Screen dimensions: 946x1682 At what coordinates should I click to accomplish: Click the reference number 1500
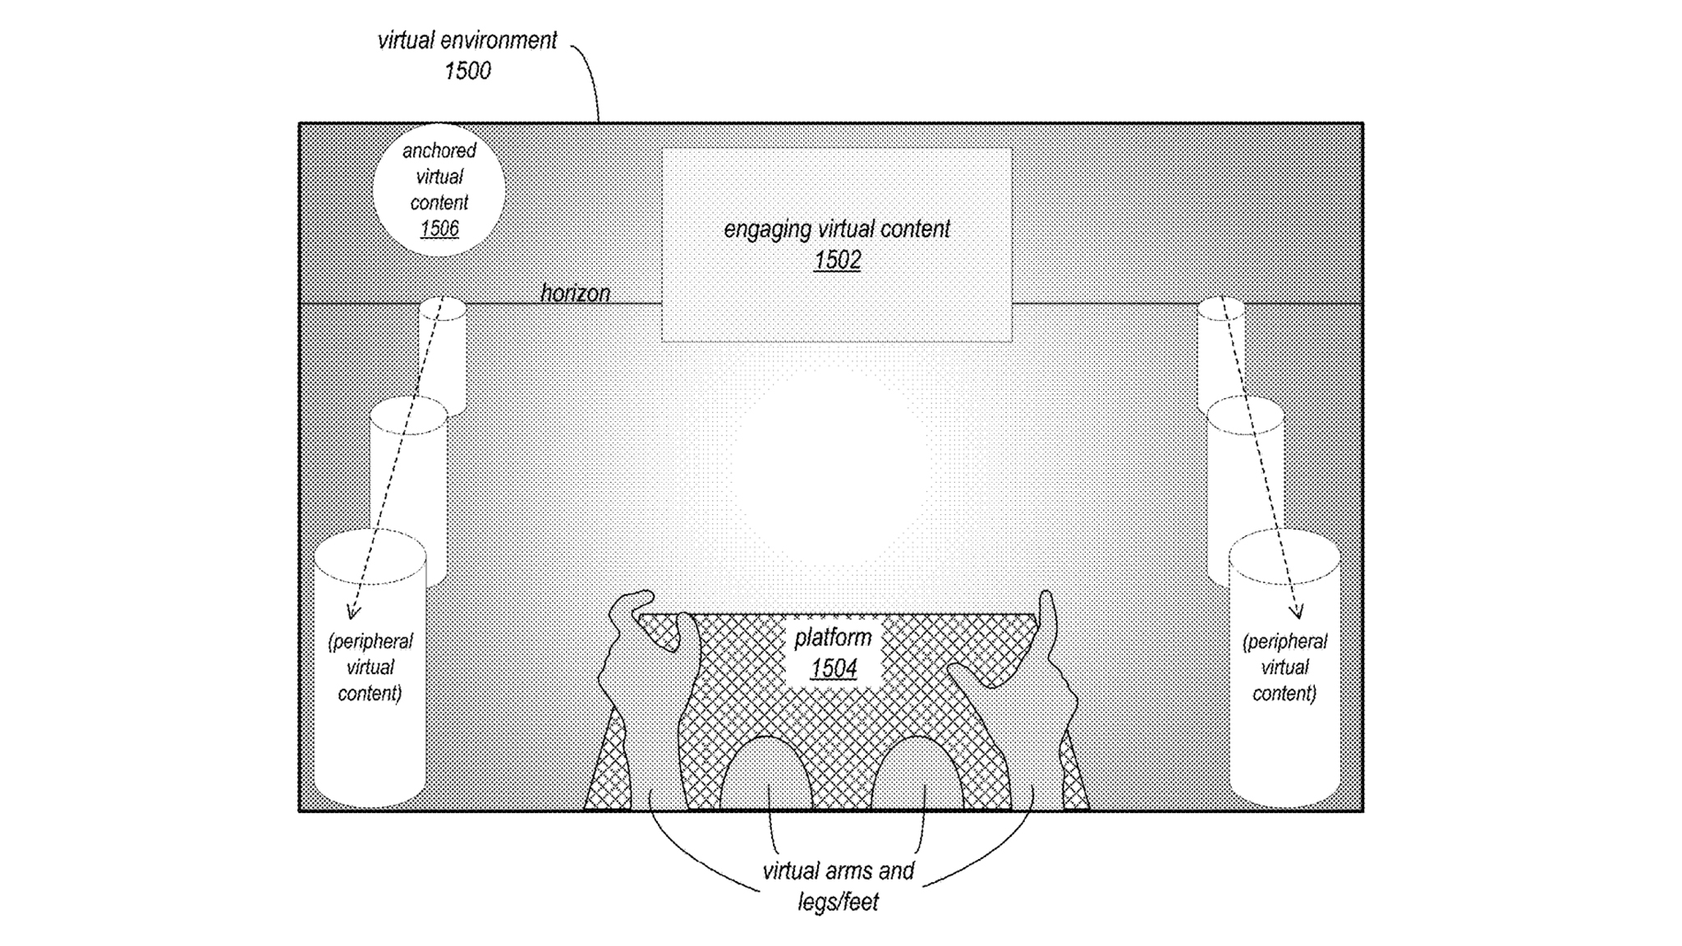[467, 71]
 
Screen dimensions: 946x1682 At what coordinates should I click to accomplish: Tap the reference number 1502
[837, 260]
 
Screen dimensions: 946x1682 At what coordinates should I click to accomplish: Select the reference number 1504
[834, 668]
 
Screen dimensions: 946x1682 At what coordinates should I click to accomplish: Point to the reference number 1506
[439, 228]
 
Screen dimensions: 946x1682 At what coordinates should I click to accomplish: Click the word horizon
[575, 293]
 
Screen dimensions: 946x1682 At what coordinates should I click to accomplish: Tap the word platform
[833, 637]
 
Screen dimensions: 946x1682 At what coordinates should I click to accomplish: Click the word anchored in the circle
[439, 150]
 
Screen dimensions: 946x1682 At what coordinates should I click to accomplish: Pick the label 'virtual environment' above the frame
[466, 40]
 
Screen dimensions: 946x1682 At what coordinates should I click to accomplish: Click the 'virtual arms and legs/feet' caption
[838, 885]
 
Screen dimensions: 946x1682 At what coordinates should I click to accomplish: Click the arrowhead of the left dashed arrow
[353, 613]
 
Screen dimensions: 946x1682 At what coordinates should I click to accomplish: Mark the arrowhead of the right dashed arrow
[1298, 613]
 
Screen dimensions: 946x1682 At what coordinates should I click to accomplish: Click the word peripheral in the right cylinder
[1284, 641]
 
